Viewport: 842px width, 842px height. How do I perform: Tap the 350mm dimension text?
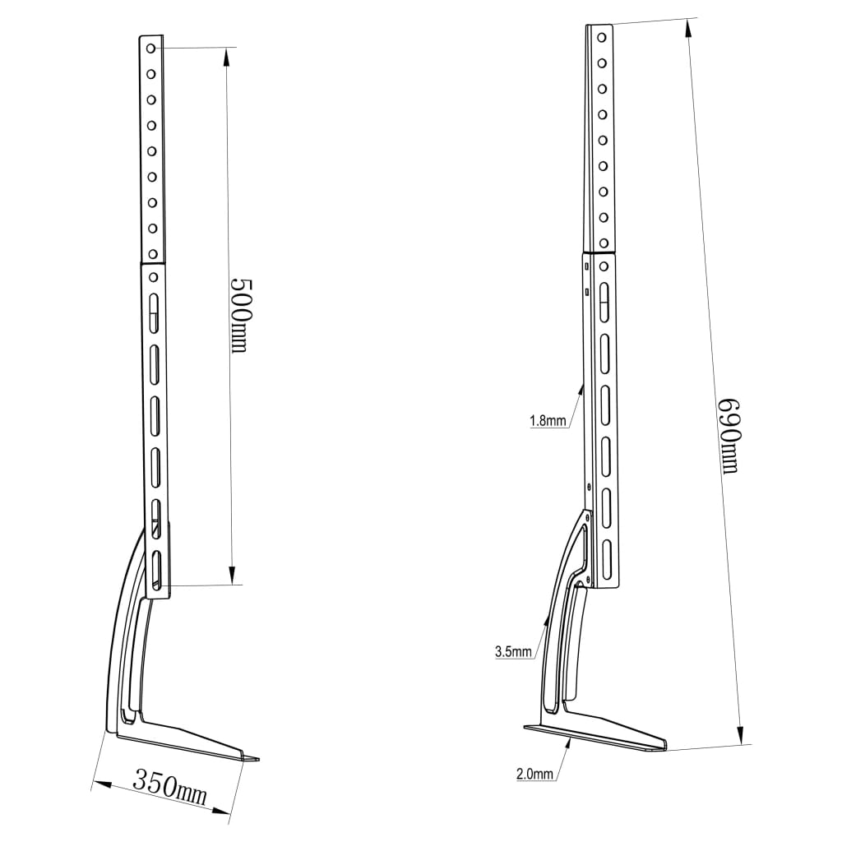pos(169,786)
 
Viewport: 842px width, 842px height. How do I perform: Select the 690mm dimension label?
pos(728,436)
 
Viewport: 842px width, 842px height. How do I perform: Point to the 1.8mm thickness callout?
pos(548,422)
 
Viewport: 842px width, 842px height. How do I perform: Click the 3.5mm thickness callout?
pos(514,652)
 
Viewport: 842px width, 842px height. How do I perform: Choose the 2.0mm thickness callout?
pos(534,773)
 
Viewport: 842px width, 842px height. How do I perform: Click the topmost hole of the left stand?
pos(151,49)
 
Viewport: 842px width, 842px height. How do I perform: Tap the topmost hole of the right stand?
pos(602,37)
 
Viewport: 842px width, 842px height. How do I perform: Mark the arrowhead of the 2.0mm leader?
pos(570,739)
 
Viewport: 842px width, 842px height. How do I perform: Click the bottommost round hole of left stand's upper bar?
pos(152,253)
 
